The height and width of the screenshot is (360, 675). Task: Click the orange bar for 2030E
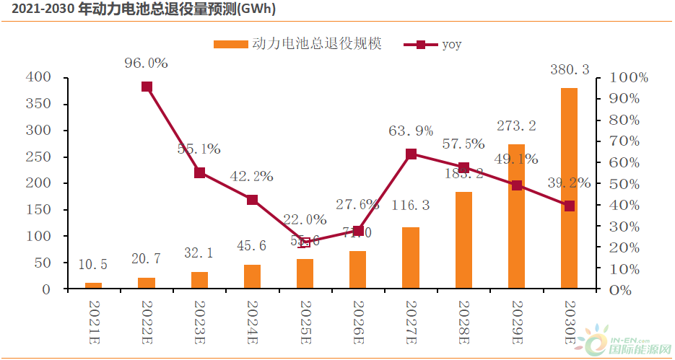(569, 188)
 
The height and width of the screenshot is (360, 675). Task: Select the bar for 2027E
(411, 258)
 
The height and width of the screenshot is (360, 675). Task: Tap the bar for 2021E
(94, 286)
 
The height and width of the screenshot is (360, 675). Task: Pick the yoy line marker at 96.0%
(147, 87)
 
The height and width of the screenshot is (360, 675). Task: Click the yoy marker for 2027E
(411, 154)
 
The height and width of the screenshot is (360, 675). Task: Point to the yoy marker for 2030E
(569, 206)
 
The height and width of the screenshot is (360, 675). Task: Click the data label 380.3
(569, 70)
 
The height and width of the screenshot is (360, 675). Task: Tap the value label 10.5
(93, 265)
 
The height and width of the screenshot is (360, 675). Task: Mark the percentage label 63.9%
(411, 131)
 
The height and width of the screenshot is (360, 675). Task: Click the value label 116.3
(411, 206)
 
